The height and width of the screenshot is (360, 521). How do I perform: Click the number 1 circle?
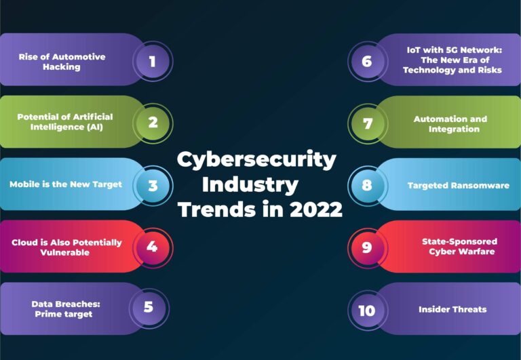[x=152, y=62]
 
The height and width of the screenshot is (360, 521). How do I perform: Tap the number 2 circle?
[x=153, y=123]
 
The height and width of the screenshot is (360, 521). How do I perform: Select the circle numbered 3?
[x=153, y=185]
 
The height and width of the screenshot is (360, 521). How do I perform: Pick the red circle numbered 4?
[x=152, y=246]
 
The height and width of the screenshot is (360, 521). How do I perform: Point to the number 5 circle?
[x=148, y=307]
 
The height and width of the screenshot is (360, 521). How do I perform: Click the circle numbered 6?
[x=367, y=62]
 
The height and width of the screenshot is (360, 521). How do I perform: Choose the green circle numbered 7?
[x=368, y=123]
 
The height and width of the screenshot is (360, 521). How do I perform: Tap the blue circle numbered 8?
[x=367, y=184]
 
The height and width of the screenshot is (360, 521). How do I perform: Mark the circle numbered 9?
[x=367, y=247]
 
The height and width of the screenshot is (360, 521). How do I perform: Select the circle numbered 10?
[x=367, y=311]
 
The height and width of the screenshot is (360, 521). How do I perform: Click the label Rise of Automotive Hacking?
[x=62, y=62]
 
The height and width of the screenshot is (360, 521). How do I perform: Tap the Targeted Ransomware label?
[x=459, y=185]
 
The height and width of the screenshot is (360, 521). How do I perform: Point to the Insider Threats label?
[x=452, y=309]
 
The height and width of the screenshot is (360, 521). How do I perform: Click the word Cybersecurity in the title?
[x=256, y=160]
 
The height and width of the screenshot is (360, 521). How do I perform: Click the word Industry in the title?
[x=250, y=184]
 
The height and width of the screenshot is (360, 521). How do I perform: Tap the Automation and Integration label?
[x=450, y=124]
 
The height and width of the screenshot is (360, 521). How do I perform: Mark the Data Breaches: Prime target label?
[x=62, y=308]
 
